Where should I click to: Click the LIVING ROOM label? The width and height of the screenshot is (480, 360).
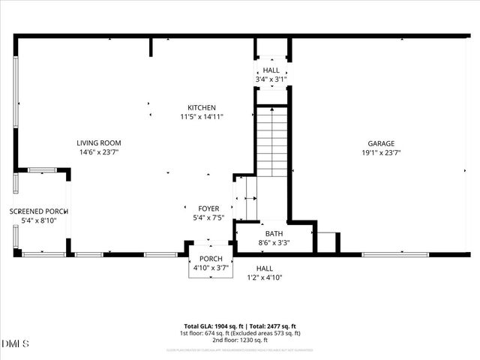coord(98,142)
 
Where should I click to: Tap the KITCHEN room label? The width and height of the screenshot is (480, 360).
coord(202,107)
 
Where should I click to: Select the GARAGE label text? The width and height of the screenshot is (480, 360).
coord(380,143)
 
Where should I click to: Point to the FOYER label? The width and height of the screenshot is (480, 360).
coord(208,208)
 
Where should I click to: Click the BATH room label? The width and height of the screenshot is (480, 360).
coord(274,233)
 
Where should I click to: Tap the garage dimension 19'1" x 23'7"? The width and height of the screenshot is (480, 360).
coord(380,152)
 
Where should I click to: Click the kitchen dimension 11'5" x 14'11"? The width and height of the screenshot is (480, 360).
coord(202,116)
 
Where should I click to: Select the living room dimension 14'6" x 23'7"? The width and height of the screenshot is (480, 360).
coord(98,151)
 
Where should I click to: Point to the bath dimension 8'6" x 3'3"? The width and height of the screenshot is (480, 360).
coord(274,242)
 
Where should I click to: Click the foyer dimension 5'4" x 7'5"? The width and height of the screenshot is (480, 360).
coord(208,217)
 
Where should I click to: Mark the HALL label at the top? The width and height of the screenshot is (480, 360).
coord(271,70)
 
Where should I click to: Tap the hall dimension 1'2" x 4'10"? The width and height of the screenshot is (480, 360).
coord(265,277)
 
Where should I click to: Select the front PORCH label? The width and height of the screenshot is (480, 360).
coord(210,259)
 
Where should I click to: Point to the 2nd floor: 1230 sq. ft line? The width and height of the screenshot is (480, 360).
coord(239,340)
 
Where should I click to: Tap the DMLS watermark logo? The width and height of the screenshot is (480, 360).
coord(15,344)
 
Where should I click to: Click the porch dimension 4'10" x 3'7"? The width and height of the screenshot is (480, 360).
coord(210,268)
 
